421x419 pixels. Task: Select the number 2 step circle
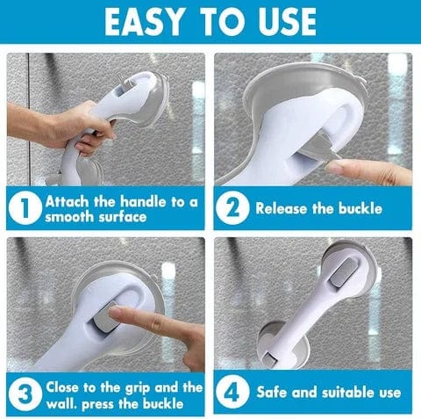tap(234, 208)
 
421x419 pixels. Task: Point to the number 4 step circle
tap(234, 393)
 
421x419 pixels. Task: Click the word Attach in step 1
tap(69, 200)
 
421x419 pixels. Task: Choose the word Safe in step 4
tap(273, 393)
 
